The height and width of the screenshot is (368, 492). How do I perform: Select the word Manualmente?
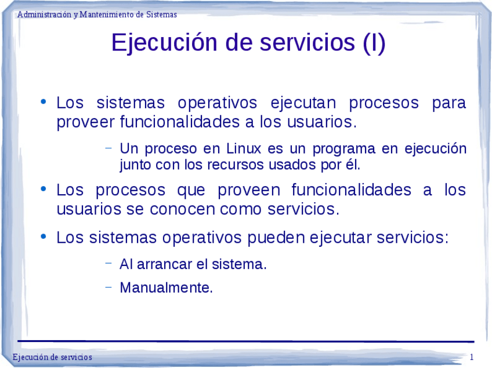click(166, 287)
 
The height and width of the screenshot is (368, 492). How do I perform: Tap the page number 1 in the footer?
click(472, 357)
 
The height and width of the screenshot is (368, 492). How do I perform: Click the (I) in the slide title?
click(374, 43)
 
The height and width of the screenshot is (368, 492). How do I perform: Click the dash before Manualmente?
click(108, 286)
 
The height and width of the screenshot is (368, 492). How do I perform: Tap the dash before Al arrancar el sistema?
click(108, 263)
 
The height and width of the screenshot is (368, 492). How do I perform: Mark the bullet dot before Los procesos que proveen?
click(44, 189)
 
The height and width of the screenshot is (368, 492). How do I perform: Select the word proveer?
click(85, 123)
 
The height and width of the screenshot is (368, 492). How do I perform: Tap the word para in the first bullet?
click(448, 104)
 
